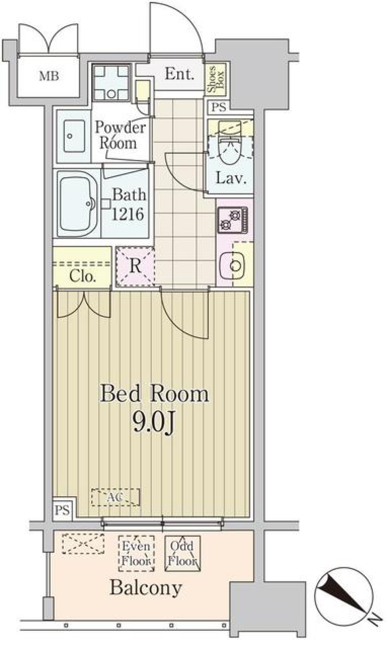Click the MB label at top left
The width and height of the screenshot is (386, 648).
(x=49, y=76)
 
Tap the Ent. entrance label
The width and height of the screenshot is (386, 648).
(x=179, y=74)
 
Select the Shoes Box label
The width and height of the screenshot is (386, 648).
(x=216, y=79)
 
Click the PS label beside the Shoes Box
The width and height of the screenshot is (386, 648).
(x=219, y=107)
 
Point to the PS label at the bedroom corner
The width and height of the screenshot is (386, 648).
(x=62, y=511)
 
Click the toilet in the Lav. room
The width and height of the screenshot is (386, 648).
(x=230, y=149)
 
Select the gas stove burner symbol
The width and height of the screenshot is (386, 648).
(x=233, y=221)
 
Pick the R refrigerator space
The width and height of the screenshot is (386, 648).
(x=135, y=266)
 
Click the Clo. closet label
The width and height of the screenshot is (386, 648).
(x=82, y=276)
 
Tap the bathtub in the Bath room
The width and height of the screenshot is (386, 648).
(x=78, y=204)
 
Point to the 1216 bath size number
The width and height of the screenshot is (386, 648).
(x=127, y=215)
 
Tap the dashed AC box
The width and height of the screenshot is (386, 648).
(x=116, y=497)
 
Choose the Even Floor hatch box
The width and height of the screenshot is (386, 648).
(x=136, y=553)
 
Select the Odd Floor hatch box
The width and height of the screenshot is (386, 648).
(x=182, y=553)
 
